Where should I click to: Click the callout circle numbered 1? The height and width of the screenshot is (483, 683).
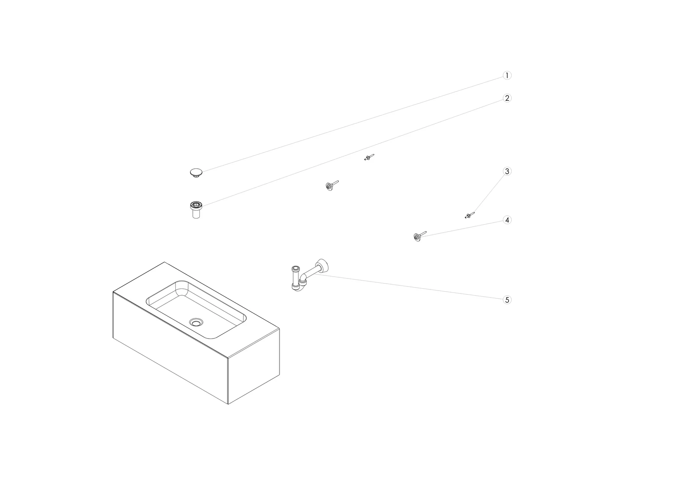tap(507, 75)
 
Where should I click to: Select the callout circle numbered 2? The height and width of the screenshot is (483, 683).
tap(507, 98)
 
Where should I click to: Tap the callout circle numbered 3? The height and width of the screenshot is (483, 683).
tap(507, 171)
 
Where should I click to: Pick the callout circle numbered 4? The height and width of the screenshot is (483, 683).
tap(507, 220)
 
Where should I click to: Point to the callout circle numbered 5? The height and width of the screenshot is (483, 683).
tap(507, 300)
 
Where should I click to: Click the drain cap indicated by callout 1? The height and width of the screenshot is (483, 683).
tap(196, 173)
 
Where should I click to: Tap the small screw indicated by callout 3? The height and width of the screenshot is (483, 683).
tap(470, 215)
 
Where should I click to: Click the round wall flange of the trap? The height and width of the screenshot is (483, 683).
tap(323, 266)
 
